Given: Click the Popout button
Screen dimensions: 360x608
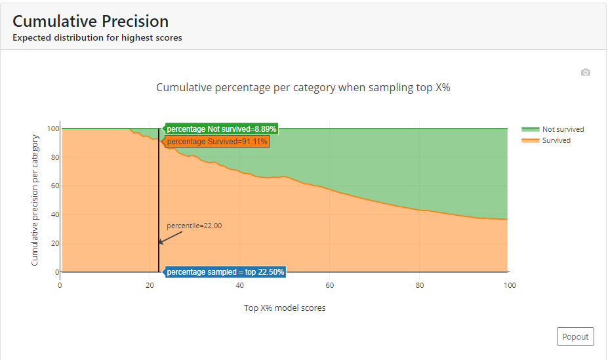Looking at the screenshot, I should coord(575,336).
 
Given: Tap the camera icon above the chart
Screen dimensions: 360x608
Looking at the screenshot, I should coord(586,72).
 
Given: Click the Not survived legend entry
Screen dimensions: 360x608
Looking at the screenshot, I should coord(562,129).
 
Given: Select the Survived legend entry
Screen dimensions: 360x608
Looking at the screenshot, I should coord(556,140).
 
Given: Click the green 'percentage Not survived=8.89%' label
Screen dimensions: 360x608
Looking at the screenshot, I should coord(221,129).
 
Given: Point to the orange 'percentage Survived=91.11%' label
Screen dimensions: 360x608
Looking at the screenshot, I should coord(216,141).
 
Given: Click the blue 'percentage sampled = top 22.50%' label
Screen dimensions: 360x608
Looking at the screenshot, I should coord(225,271).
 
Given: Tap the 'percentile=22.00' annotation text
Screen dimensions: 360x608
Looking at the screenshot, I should coord(194,226).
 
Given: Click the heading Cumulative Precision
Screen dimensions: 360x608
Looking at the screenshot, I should coord(91,22).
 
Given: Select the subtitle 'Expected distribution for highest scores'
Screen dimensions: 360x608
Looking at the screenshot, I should coord(97,37).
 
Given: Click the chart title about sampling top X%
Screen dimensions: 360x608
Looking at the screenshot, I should coord(303,88).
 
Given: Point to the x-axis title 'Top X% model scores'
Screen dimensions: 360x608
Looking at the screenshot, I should coord(285,308).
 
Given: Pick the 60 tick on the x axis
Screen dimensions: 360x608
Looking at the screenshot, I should coord(330,285).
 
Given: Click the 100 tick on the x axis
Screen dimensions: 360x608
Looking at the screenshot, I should coord(509,285).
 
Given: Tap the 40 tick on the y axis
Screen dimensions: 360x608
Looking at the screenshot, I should coord(53,214).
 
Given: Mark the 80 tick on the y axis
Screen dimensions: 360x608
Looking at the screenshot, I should coord(53,157).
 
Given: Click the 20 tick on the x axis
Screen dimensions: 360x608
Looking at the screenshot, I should coord(150,285).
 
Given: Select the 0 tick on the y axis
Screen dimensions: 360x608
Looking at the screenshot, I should coord(55,271).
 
